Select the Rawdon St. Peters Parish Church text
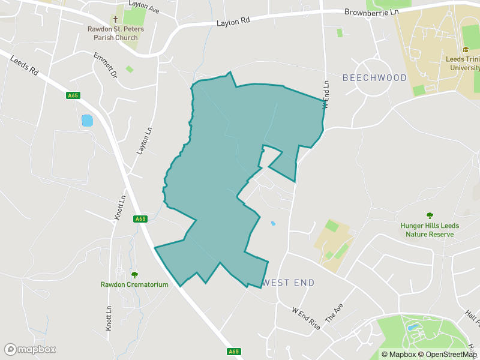point(115,33)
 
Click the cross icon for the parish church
point(115,19)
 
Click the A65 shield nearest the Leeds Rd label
point(73,95)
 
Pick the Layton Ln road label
point(143,140)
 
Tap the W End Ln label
point(326,94)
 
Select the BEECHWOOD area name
point(374,78)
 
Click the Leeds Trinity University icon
point(465,50)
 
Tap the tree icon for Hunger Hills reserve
point(430,215)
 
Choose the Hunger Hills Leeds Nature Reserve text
point(430,230)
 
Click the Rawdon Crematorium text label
point(134,284)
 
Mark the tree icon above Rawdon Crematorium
point(134,274)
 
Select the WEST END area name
point(288,283)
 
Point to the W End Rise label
point(306,319)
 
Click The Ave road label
point(334,312)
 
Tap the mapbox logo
point(30,349)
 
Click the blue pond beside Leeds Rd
point(88,121)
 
